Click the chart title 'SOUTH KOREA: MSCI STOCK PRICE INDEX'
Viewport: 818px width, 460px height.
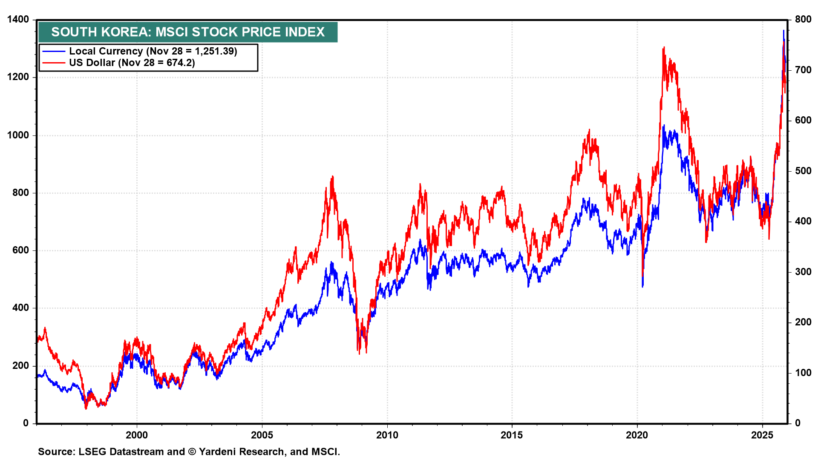point(188,32)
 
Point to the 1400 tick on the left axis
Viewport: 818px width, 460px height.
point(18,20)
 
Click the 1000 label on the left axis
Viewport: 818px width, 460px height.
point(18,135)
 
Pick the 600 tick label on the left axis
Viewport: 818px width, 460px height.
point(20,250)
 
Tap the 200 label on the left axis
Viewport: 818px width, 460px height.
point(20,365)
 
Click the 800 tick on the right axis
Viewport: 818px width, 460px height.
point(803,19)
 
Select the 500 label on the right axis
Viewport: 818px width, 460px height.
point(803,171)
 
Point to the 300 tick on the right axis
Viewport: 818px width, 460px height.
point(803,272)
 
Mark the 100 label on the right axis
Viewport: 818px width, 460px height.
point(803,373)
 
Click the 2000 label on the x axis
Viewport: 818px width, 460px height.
point(137,435)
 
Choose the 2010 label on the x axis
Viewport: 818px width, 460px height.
point(387,435)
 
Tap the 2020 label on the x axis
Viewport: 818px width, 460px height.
point(637,435)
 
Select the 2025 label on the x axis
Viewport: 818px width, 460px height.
point(762,435)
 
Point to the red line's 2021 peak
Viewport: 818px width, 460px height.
point(664,48)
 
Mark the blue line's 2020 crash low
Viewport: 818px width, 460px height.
point(642,286)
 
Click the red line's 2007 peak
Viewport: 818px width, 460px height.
point(332,176)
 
